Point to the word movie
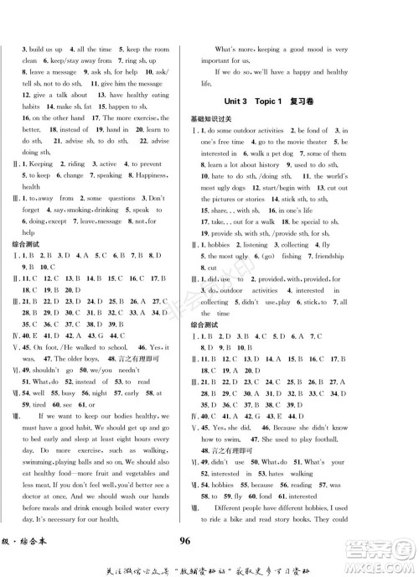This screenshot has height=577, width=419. [289, 143]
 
